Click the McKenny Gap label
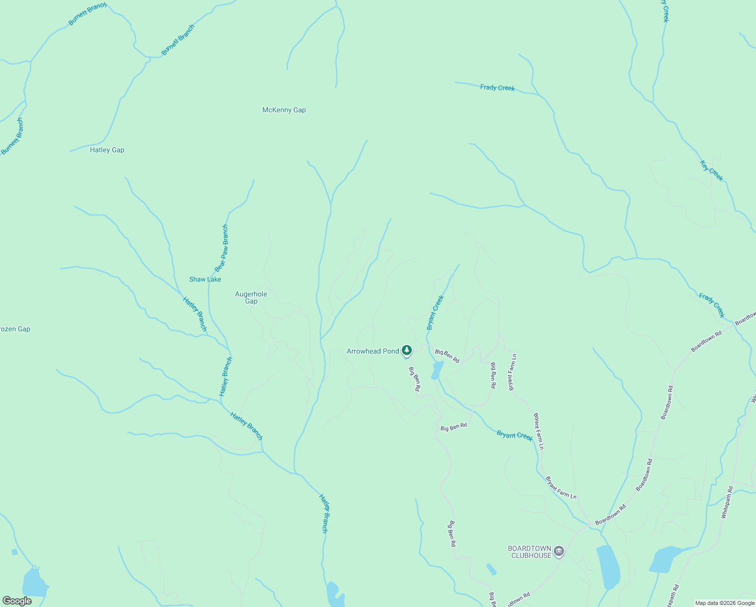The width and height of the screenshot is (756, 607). (x=284, y=110)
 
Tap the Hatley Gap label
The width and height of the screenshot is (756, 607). (x=107, y=150)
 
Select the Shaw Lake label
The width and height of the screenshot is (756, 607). (x=205, y=279)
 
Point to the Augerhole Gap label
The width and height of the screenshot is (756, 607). (x=251, y=297)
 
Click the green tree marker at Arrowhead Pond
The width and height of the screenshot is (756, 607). (x=407, y=350)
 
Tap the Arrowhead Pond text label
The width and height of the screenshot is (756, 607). (x=372, y=351)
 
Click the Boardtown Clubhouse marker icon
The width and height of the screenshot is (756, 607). (x=558, y=551)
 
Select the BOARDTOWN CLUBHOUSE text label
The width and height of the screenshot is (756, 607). (x=530, y=552)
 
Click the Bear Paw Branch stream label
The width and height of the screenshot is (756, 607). (x=221, y=248)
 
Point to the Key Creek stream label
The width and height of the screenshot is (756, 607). (x=712, y=170)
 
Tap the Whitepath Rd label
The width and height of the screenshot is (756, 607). (x=727, y=502)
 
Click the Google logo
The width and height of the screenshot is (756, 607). (x=17, y=601)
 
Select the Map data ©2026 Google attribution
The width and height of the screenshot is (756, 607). (x=725, y=603)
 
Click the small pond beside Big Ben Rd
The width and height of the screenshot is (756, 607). (x=437, y=370)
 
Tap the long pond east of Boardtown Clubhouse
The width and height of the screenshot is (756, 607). (x=608, y=567)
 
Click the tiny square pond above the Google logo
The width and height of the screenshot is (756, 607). (x=14, y=552)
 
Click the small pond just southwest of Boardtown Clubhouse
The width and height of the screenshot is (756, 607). (x=491, y=569)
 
